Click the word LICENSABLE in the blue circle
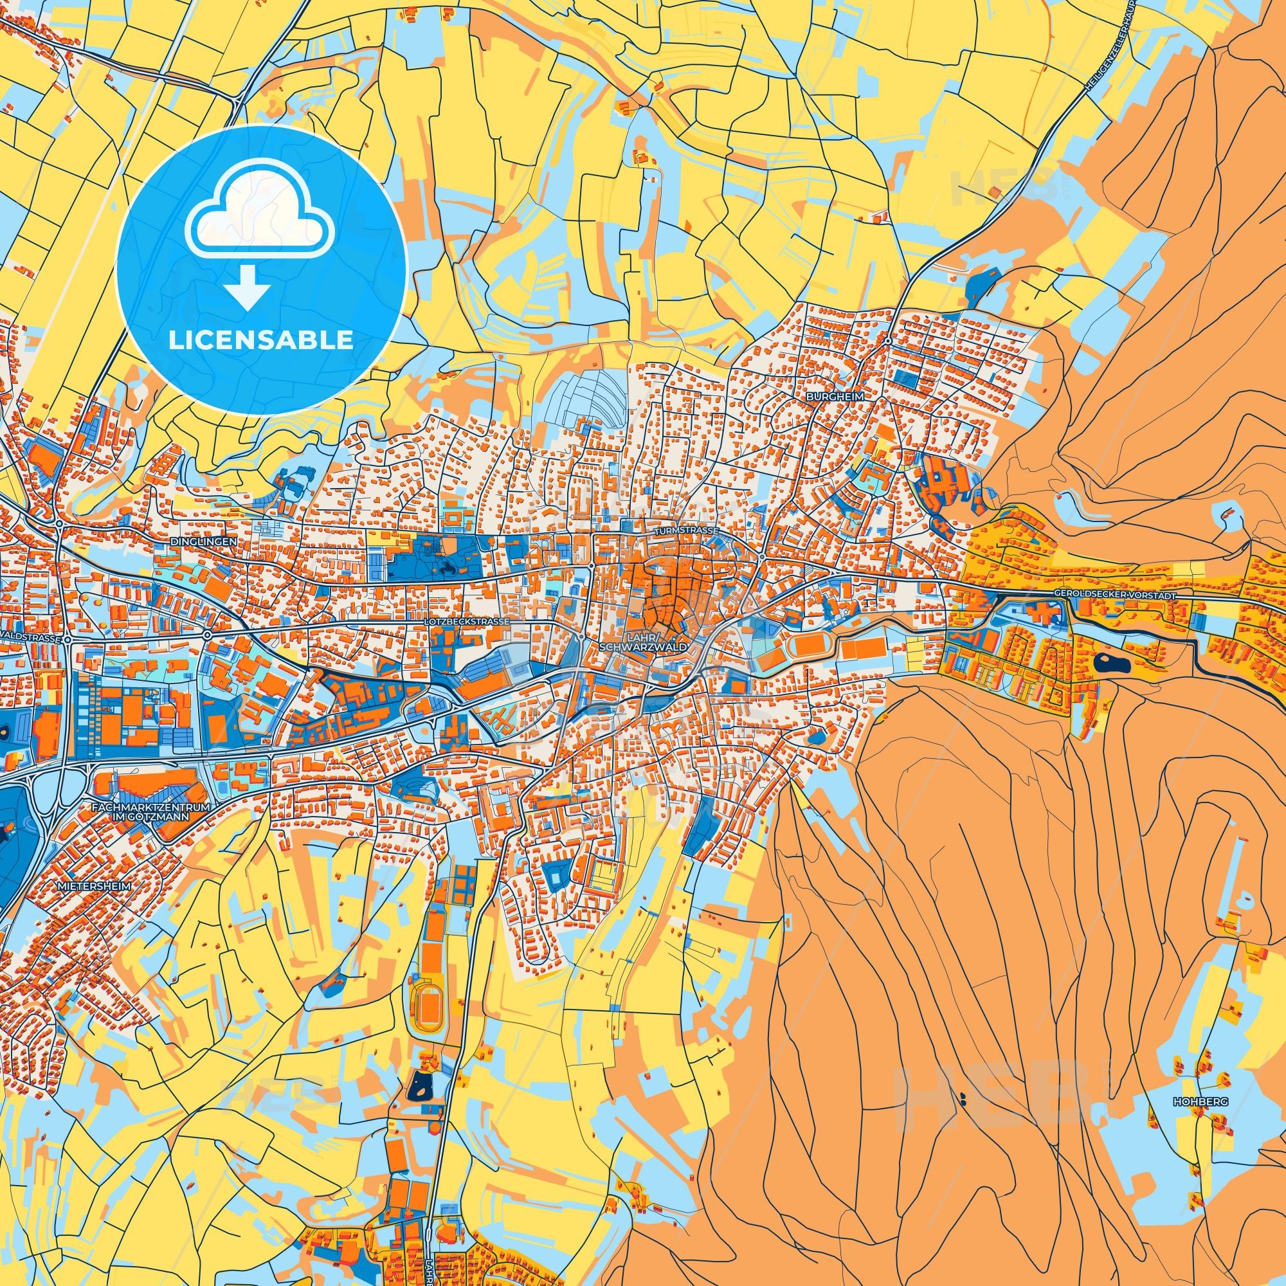(260, 340)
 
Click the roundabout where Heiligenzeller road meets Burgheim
(889, 340)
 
